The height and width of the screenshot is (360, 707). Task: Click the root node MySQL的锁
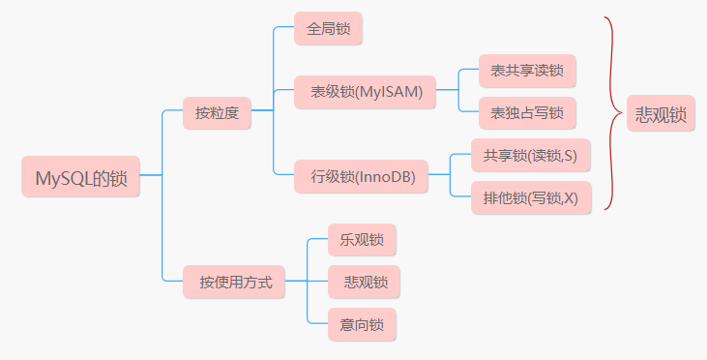[81, 178]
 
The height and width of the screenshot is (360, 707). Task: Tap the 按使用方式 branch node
[235, 283]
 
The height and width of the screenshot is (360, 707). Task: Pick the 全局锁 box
[327, 29]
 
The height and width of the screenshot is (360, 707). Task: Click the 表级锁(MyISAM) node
[367, 92]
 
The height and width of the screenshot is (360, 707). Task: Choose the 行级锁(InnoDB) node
[363, 177]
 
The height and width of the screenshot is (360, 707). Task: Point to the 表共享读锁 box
[526, 71]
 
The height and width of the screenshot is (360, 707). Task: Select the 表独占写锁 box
[526, 112]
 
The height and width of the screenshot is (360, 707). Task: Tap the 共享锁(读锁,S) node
[530, 155]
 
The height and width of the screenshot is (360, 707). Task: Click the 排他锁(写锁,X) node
[530, 197]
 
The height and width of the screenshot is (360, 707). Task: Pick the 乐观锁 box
[349, 239]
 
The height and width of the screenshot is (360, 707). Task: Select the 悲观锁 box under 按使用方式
[364, 282]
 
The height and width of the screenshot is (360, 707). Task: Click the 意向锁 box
[349, 323]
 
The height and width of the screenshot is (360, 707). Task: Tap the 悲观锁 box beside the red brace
[661, 113]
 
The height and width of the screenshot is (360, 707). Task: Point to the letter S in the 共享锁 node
[572, 155]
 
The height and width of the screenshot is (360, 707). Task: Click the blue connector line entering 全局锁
[283, 28]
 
